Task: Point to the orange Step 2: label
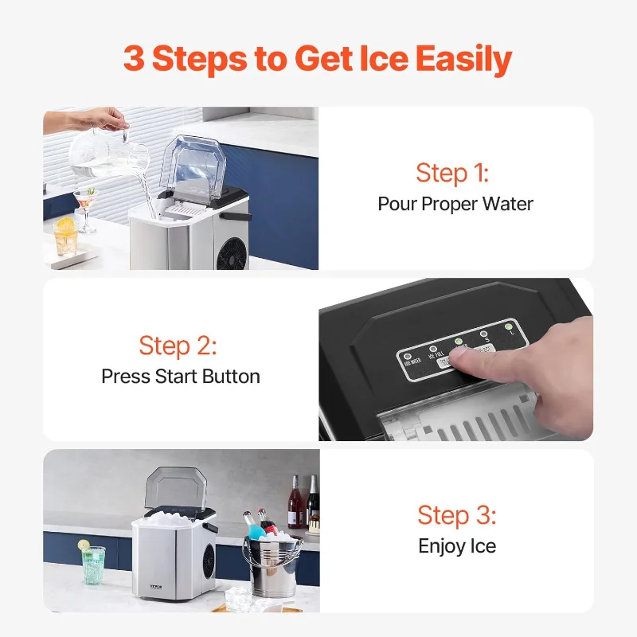[x=178, y=346]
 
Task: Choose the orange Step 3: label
[x=456, y=515]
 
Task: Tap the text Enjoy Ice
[x=456, y=545]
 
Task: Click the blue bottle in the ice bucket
[x=249, y=525]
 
